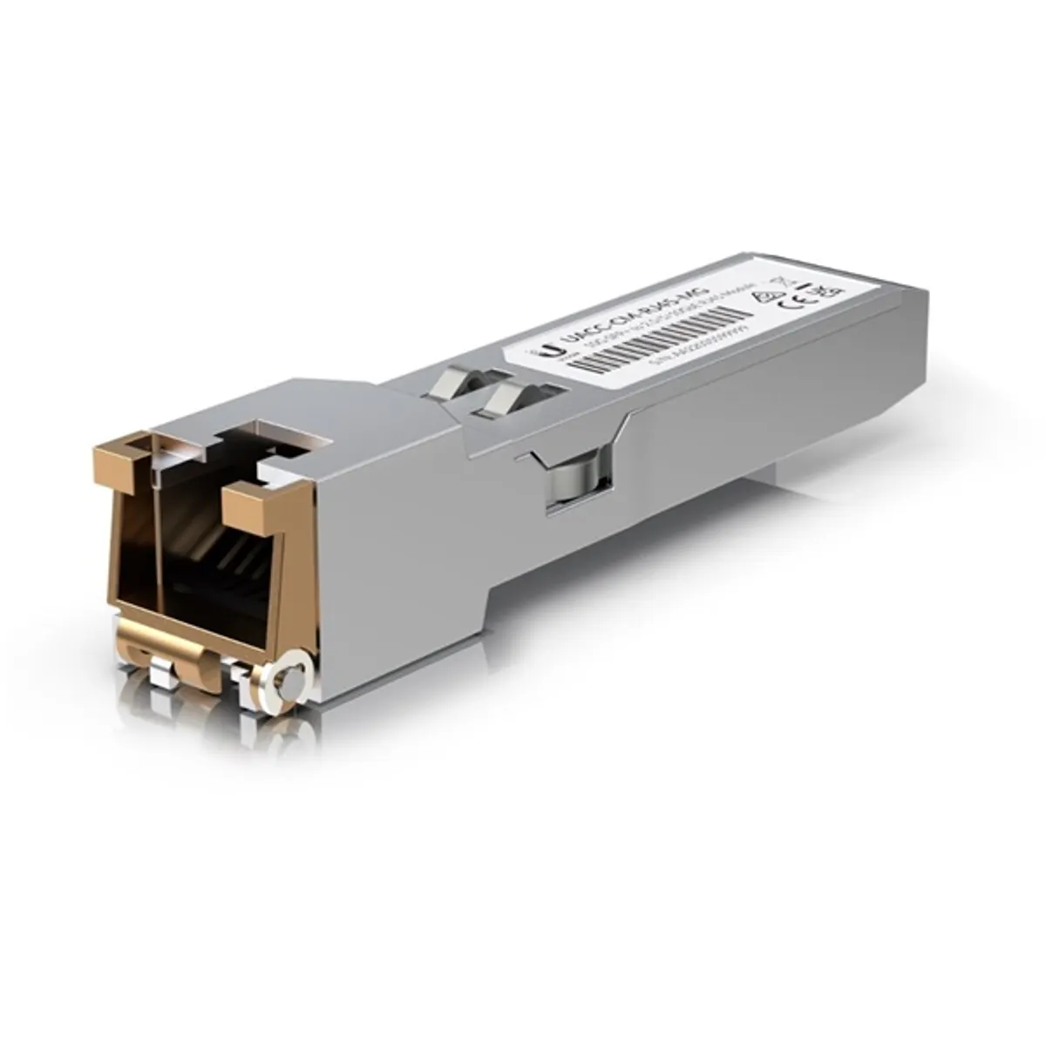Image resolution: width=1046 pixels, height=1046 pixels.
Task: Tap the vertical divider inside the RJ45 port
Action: pos(157,532)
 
